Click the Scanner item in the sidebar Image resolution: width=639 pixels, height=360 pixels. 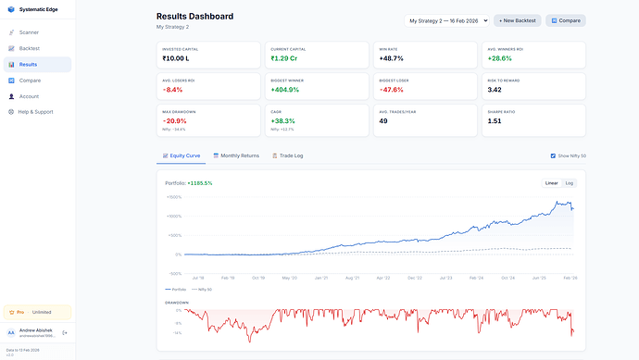29,32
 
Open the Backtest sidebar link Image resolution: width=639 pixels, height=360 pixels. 30,48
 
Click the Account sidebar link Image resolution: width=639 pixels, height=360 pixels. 29,96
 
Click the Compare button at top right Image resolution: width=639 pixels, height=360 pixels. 566,20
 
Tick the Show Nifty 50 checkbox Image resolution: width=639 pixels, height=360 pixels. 554,155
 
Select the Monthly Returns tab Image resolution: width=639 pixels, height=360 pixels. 236,155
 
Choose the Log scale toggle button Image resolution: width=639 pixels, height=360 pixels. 570,183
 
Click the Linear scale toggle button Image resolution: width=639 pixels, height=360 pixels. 552,183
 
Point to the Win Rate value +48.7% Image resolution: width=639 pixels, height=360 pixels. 391,58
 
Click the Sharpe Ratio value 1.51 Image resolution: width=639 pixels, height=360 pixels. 495,120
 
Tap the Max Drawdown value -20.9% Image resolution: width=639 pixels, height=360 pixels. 174,120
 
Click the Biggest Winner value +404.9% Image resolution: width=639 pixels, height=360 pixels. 285,90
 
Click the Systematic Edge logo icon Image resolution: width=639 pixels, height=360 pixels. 11,10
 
